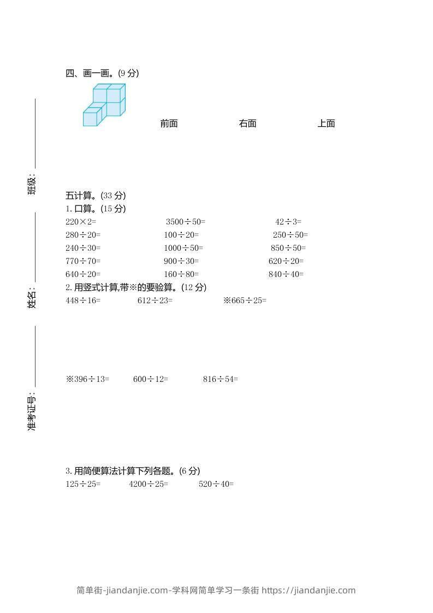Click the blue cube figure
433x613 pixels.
104,105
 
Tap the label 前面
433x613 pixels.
169,123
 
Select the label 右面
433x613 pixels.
247,123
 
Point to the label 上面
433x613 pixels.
327,123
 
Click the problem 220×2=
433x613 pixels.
81,222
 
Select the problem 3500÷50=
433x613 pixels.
186,222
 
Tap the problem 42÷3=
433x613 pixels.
288,222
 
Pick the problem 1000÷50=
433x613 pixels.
183,248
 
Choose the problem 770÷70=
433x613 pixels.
83,261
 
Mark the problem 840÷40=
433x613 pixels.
286,274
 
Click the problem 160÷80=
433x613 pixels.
181,274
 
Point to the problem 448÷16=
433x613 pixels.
83,300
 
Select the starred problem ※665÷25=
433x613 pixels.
245,300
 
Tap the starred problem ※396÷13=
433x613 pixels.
87,379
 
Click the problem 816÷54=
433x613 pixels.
221,379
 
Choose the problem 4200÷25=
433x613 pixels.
149,484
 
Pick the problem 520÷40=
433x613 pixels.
216,484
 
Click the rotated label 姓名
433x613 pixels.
32,299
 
